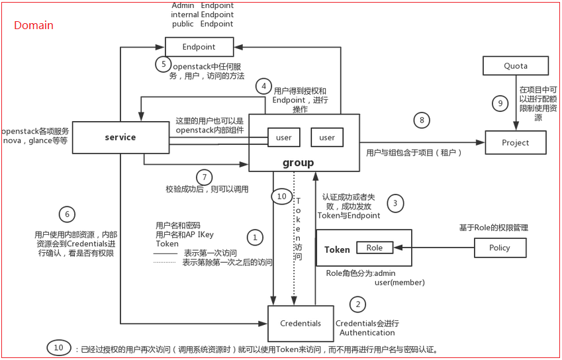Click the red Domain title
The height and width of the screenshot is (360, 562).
34,26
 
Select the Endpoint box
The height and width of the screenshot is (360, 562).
199,47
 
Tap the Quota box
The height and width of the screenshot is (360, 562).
516,66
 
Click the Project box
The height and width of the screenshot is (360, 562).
516,142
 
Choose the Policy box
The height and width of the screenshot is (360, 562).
500,247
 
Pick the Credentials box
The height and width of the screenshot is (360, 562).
301,324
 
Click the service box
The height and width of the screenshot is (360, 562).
120,138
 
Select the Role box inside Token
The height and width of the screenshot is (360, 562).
375,247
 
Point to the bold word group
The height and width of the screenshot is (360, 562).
298,162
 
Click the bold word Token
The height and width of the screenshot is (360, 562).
337,249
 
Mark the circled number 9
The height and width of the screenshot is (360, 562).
501,103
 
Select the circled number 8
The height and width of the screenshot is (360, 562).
422,120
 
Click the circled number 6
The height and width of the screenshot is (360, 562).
66,214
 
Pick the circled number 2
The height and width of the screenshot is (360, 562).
358,304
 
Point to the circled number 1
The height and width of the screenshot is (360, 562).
254,236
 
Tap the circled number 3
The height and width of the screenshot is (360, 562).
395,203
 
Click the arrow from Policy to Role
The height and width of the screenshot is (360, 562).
434,247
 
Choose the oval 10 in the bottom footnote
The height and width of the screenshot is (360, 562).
59,348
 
